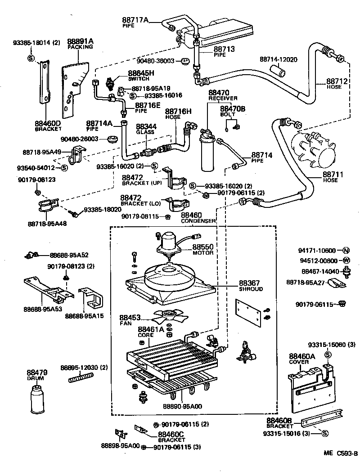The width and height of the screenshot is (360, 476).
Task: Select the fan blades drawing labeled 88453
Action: (x=169, y=316)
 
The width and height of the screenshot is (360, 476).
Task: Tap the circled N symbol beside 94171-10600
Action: (x=346, y=251)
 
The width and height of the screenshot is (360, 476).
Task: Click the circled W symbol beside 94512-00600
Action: (x=346, y=260)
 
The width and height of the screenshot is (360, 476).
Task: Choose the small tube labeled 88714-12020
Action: (x=278, y=72)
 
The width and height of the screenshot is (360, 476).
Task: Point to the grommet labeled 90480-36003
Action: (x=184, y=61)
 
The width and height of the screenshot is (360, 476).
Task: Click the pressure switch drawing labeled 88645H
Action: (x=109, y=83)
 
